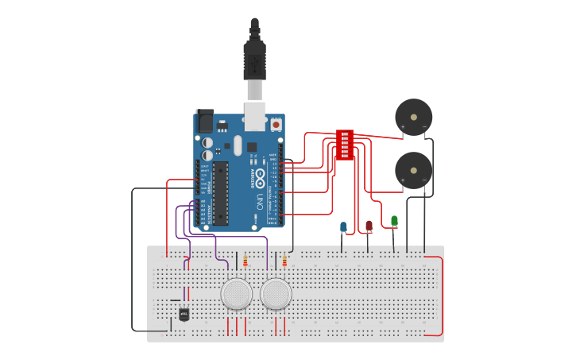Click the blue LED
coord(343,227)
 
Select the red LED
coord(369,226)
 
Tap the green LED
coord(394,220)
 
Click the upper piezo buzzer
coord(414,118)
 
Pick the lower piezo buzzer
coord(414,170)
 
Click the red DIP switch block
coord(344,145)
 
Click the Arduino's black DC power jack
coord(204,121)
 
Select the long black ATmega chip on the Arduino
coord(221,193)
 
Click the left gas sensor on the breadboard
coord(237,294)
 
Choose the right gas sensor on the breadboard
coord(276,294)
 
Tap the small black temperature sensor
coord(184,314)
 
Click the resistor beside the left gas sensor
coord(245,261)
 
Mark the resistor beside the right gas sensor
coord(284,261)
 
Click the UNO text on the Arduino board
coord(259,202)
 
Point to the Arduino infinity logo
coord(259,180)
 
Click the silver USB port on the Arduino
coord(255,116)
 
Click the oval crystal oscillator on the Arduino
coord(237,145)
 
